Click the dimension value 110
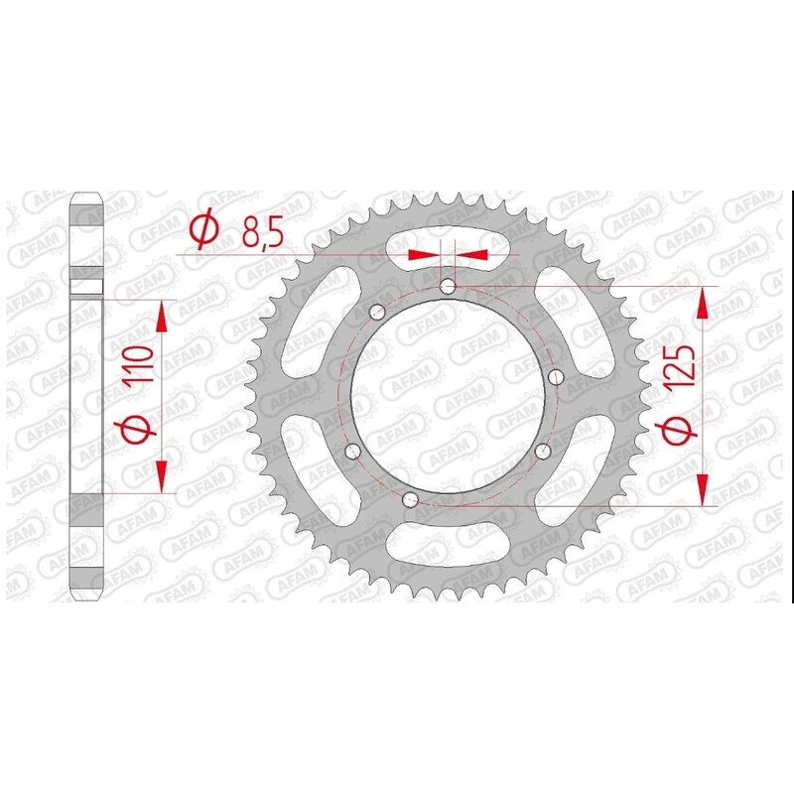[x=140, y=365]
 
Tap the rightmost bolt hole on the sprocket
[x=554, y=376]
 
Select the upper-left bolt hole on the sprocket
[x=375, y=313]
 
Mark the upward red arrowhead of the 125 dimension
[x=704, y=302]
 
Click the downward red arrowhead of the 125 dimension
[x=704, y=489]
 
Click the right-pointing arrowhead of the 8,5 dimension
[x=425, y=255]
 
